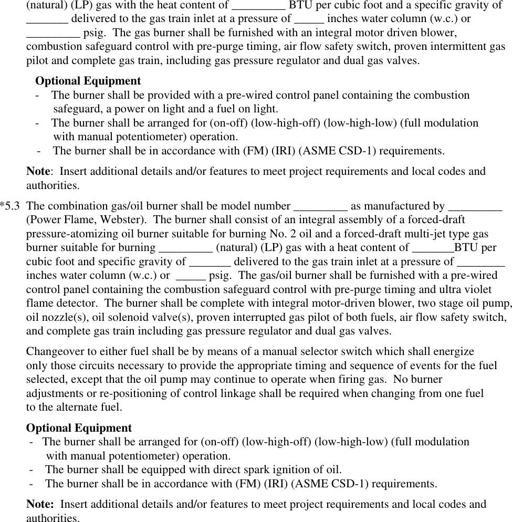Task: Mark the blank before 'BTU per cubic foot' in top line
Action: pos(258,5)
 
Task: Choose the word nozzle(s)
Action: pos(64,317)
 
